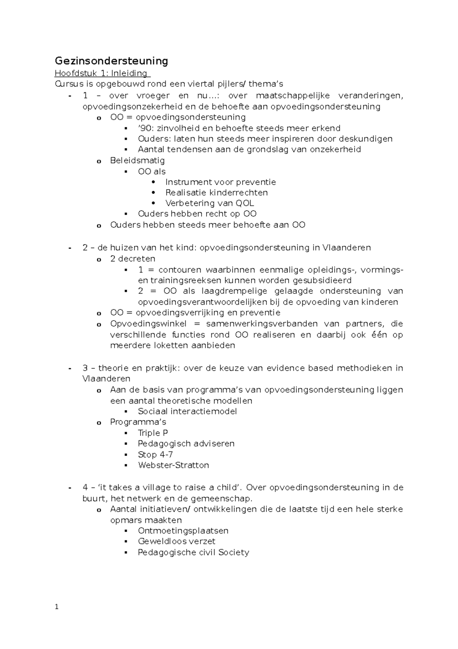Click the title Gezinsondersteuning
click(111, 61)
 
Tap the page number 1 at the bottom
click(56, 607)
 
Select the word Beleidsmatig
click(137, 161)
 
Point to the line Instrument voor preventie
click(220, 182)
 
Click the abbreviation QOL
click(245, 203)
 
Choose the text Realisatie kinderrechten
click(216, 193)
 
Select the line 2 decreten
click(132, 259)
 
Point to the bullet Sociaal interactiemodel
click(187, 411)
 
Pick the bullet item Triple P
click(153, 433)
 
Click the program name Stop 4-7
click(155, 454)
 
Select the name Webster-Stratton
click(173, 465)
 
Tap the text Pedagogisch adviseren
click(186, 444)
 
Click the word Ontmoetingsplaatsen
click(183, 531)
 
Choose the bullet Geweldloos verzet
click(176, 541)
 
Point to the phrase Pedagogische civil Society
click(193, 552)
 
